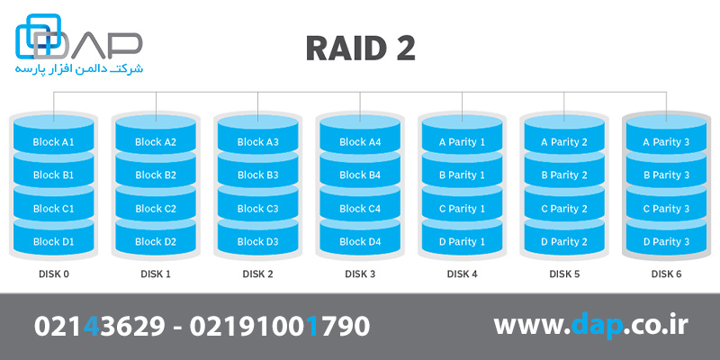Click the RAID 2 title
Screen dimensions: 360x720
(360, 49)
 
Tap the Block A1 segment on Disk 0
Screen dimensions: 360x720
(53, 142)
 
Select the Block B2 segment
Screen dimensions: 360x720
(156, 175)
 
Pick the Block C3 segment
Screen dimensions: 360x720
(258, 209)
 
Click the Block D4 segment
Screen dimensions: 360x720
(360, 242)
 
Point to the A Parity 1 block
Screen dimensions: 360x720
(462, 142)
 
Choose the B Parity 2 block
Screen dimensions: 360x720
(564, 175)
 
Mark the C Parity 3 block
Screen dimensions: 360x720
(666, 209)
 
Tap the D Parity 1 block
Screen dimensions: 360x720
(462, 242)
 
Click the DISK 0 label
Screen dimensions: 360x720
(53, 274)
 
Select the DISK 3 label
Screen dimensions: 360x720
(360, 274)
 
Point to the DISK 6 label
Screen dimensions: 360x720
(666, 274)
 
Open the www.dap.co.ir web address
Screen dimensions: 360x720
(589, 326)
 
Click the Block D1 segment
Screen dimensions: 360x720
(53, 242)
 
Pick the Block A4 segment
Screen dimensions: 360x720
(360, 142)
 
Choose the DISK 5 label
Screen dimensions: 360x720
(564, 274)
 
